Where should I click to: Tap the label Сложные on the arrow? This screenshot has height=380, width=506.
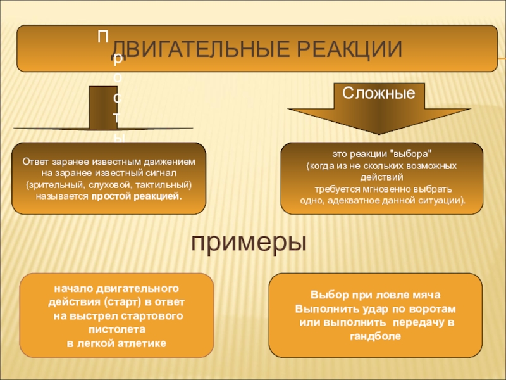point(378,93)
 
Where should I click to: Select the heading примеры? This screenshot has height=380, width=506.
point(249,241)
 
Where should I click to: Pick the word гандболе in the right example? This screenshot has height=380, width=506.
point(376,336)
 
